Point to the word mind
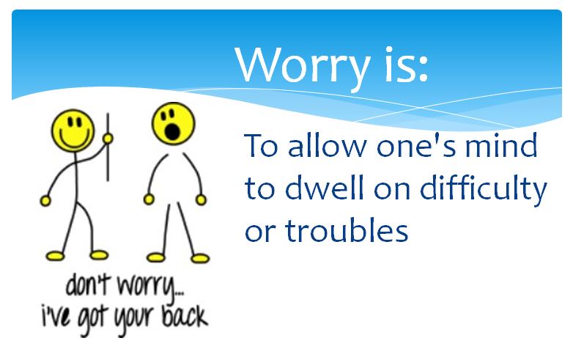point(504,146)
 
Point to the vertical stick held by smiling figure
point(108,147)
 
